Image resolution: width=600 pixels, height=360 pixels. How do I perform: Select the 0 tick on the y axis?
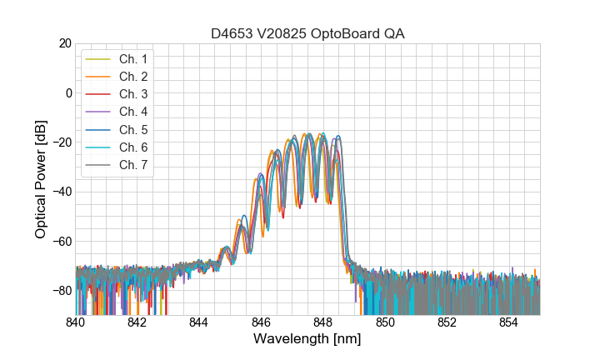coord(68,92)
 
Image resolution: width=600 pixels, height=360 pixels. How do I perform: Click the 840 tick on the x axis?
coord(76,322)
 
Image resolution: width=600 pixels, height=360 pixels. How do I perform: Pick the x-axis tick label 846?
coord(261,322)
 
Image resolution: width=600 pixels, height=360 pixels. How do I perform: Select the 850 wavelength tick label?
coord(385,322)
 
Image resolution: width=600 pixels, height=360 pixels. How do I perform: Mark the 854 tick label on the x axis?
coord(508,322)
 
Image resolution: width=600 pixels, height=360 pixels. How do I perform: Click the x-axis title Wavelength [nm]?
coord(307,339)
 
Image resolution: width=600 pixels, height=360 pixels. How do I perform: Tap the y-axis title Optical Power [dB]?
coord(41,178)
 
